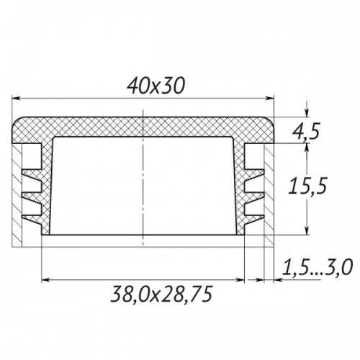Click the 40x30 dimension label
pyautogui.click(x=156, y=86)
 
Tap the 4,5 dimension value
pyautogui.click(x=306, y=131)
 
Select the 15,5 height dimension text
pyautogui.click(x=307, y=186)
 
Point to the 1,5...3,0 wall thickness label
pyautogui.click(x=317, y=267)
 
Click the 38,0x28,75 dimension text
pyautogui.click(x=161, y=294)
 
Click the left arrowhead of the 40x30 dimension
pyautogui.click(x=16, y=98)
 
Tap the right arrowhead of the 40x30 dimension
pyautogui.click(x=269, y=98)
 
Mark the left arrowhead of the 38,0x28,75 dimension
pyautogui.click(x=46, y=280)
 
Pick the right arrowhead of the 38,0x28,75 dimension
pyautogui.click(x=240, y=280)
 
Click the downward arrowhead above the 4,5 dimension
pyautogui.click(x=307, y=113)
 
